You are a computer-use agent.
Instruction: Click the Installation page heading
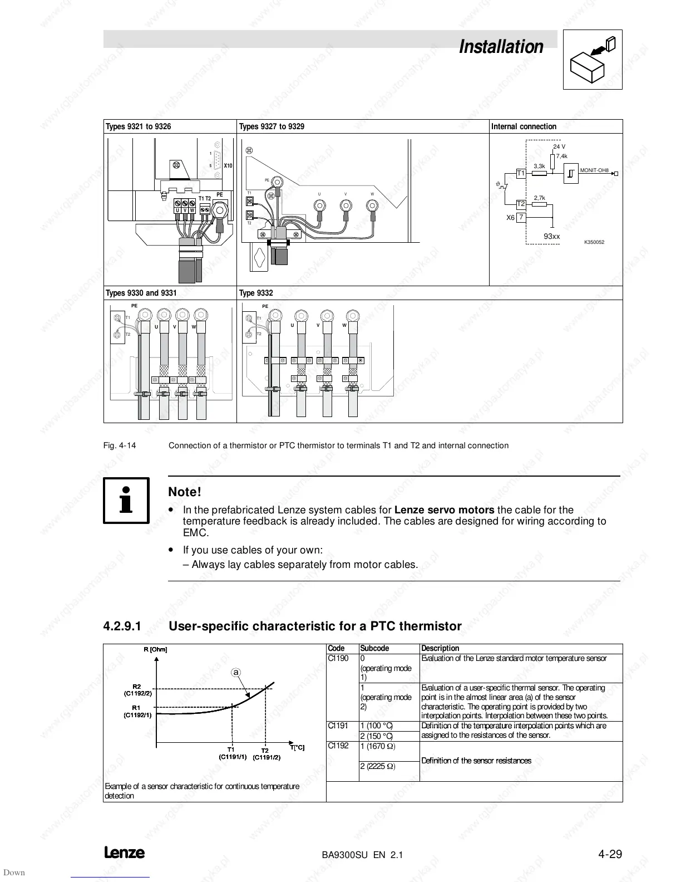[501, 47]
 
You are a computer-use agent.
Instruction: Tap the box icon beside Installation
[593, 60]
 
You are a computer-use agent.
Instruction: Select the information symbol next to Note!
[126, 500]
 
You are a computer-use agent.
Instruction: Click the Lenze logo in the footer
[124, 853]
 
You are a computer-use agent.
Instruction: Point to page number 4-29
[610, 854]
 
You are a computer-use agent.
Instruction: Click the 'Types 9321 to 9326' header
[139, 126]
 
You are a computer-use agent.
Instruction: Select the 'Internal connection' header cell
[524, 126]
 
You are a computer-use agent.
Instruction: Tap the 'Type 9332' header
[256, 293]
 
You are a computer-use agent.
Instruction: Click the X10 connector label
[228, 165]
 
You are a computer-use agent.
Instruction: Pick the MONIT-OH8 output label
[594, 170]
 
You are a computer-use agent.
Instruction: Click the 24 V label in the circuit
[559, 147]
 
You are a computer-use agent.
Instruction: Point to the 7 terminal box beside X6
[521, 218]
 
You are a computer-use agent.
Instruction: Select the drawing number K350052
[594, 242]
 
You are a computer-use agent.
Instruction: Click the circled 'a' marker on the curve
[236, 673]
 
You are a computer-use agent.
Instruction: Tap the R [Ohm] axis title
[155, 649]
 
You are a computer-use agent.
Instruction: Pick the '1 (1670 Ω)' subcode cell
[378, 746]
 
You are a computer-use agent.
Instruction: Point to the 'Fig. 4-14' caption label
[120, 445]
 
